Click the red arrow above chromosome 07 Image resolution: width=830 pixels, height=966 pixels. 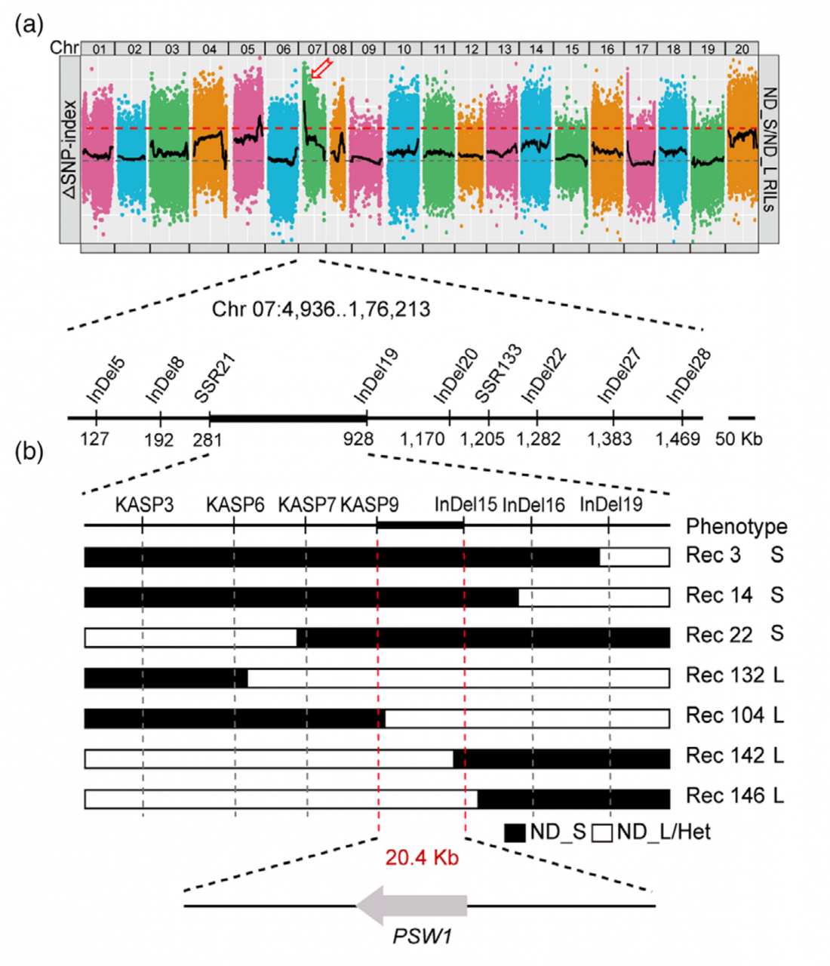321,69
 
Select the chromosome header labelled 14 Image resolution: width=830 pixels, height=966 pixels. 536,49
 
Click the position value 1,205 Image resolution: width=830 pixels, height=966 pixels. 483,438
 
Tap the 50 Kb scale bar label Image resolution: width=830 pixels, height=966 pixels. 738,438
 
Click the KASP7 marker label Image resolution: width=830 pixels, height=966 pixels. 306,505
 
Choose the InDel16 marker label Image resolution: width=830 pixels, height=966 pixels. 533,505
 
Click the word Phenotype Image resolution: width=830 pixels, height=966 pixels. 726,526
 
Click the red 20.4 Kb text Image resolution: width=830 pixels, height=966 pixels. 422,857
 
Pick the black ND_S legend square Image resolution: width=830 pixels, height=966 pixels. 515,832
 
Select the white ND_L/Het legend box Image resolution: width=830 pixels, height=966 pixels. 602,832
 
